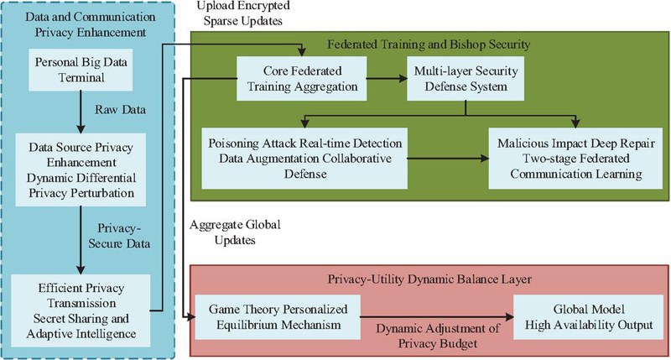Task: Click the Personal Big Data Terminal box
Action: click(81, 70)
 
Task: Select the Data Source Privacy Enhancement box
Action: click(81, 170)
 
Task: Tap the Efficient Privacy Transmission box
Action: click(81, 310)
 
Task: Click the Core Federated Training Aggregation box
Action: click(302, 79)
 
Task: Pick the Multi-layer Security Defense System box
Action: click(466, 79)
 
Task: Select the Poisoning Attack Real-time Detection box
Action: click(304, 159)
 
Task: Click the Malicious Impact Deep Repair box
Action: click(575, 159)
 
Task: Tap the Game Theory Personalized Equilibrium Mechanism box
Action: click(278, 316)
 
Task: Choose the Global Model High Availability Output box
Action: click(589, 316)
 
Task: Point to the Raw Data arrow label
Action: click(120, 110)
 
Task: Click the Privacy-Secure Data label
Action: click(119, 236)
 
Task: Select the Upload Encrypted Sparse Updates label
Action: click(243, 13)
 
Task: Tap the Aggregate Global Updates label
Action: click(235, 232)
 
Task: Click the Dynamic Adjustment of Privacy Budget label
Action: click(438, 336)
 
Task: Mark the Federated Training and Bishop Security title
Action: click(429, 44)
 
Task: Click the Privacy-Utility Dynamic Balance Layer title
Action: click(429, 279)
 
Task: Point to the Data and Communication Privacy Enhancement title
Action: click(91, 24)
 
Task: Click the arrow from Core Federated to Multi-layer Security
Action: click(387, 78)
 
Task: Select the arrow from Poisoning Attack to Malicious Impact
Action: click(448, 159)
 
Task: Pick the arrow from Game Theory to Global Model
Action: click(437, 316)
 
